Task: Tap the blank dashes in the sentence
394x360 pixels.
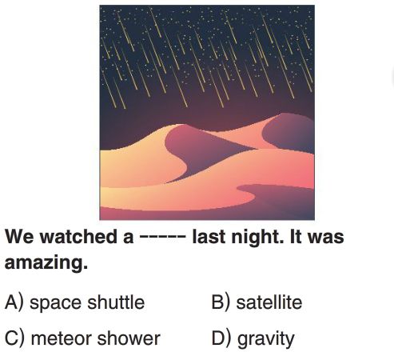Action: [x=162, y=237]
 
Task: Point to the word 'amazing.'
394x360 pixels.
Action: [x=46, y=263]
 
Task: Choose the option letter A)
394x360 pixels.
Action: [x=14, y=302]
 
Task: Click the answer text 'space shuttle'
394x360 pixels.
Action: [x=87, y=302]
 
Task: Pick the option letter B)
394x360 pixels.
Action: [x=221, y=302]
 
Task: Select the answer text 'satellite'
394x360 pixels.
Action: [x=269, y=302]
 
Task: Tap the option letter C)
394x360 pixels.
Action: [x=14, y=338]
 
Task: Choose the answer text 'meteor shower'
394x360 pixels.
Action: [x=96, y=338]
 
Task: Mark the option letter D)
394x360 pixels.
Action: [x=221, y=338]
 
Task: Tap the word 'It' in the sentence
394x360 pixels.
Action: [x=295, y=237]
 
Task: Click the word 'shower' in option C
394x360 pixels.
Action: [x=129, y=338]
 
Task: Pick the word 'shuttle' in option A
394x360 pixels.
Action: [x=116, y=302]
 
